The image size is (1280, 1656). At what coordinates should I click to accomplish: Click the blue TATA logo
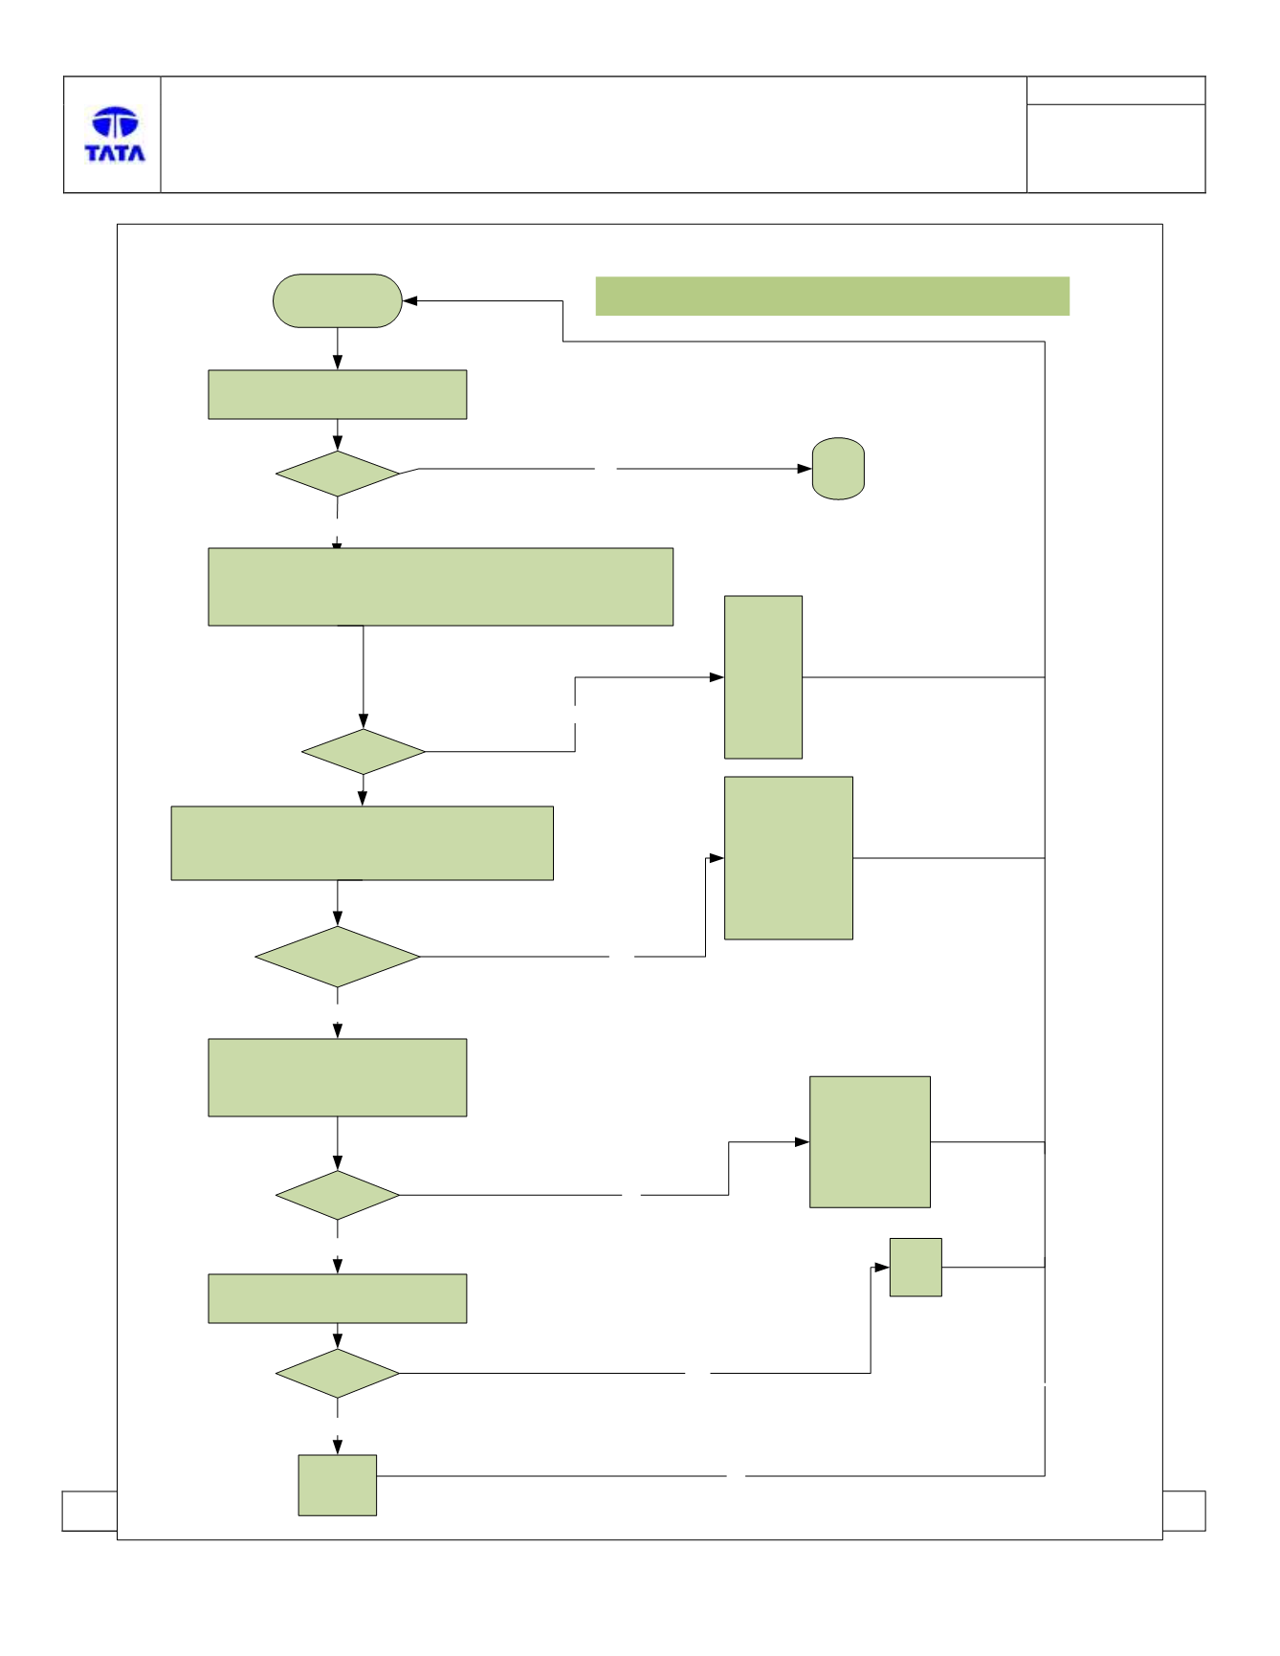click(x=115, y=135)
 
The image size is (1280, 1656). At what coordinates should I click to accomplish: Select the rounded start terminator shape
click(x=338, y=301)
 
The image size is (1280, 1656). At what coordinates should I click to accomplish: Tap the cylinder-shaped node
click(x=838, y=469)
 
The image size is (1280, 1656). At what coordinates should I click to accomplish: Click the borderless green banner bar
click(x=832, y=297)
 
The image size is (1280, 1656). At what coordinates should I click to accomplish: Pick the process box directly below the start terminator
click(x=338, y=395)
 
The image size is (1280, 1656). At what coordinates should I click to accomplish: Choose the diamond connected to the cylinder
click(x=338, y=474)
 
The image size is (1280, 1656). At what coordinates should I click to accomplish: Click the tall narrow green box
click(x=763, y=677)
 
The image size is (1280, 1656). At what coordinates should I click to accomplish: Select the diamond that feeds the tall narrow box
click(x=364, y=752)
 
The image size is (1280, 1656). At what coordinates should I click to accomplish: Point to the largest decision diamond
click(x=338, y=957)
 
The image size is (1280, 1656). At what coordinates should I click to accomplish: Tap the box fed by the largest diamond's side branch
click(x=788, y=858)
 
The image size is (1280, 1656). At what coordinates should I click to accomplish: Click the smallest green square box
click(x=916, y=1268)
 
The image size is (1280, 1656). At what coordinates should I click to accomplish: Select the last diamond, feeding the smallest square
click(x=338, y=1374)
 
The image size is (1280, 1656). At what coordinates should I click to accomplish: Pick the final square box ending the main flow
click(x=338, y=1486)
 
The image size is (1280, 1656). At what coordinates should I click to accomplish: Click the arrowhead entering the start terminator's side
click(x=410, y=301)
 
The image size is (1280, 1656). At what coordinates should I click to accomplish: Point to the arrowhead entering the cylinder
click(x=805, y=469)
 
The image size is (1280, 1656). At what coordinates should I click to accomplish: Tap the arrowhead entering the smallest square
click(x=882, y=1268)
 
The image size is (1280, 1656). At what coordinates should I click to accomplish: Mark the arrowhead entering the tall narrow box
click(x=717, y=677)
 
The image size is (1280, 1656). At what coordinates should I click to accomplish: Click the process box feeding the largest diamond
click(x=363, y=843)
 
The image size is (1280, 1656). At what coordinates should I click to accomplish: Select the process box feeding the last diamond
click(x=338, y=1299)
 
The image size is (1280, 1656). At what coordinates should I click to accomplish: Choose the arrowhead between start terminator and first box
click(x=338, y=363)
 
